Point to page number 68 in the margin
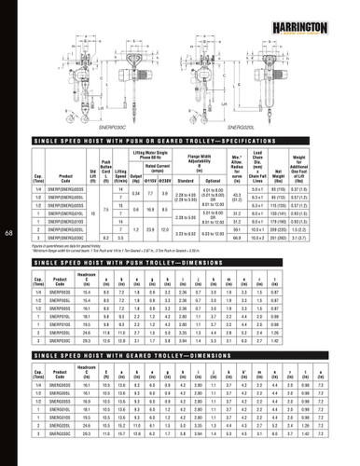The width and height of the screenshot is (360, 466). click(x=8, y=232)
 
